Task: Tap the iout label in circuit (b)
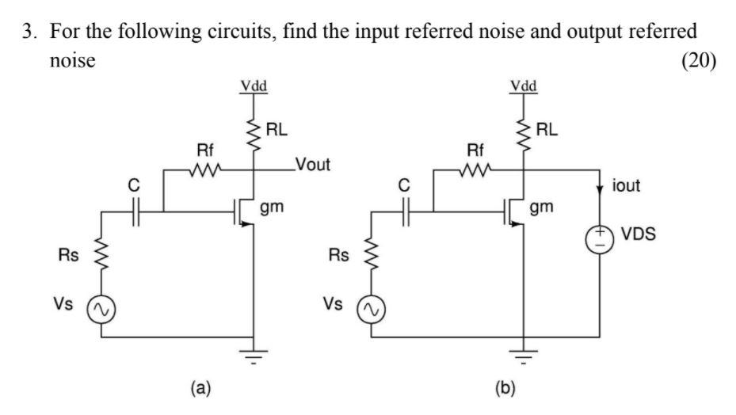pyautogui.click(x=627, y=186)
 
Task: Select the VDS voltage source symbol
pyautogui.click(x=598, y=238)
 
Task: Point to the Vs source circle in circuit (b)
pyautogui.click(x=371, y=308)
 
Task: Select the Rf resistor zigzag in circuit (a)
pyautogui.click(x=205, y=169)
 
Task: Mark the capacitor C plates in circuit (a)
pyautogui.click(x=136, y=211)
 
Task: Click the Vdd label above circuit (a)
pyautogui.click(x=254, y=86)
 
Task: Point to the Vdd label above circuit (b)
pyautogui.click(x=523, y=86)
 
